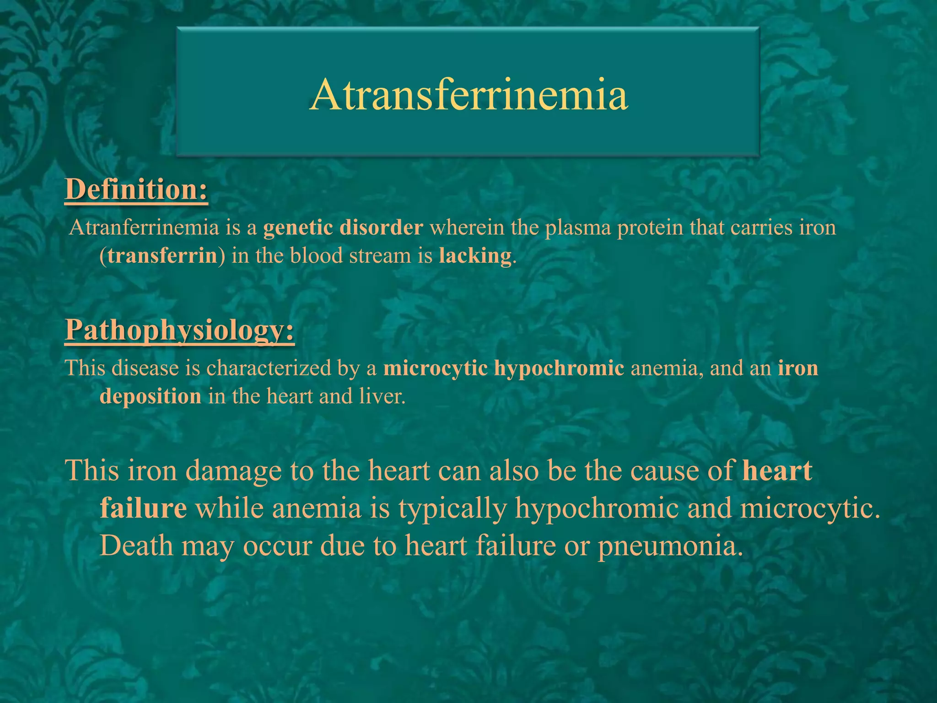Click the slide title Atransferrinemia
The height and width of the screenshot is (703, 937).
(468, 95)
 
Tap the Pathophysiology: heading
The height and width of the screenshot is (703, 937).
(180, 330)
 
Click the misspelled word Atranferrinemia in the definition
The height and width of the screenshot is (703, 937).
(144, 227)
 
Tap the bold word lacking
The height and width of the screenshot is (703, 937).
(475, 256)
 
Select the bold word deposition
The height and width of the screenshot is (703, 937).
(151, 396)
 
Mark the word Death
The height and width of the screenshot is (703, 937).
(136, 546)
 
